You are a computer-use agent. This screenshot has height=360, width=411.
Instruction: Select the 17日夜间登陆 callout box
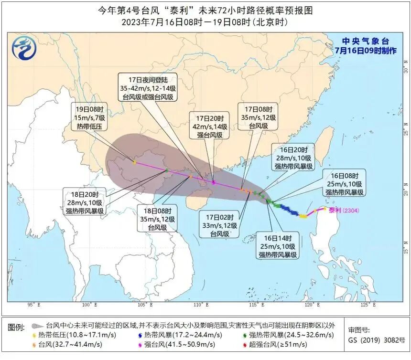click(x=147, y=87)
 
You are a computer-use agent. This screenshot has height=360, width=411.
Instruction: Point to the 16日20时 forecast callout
click(x=293, y=157)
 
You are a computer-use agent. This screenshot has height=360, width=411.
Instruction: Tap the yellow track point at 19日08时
click(x=135, y=162)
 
